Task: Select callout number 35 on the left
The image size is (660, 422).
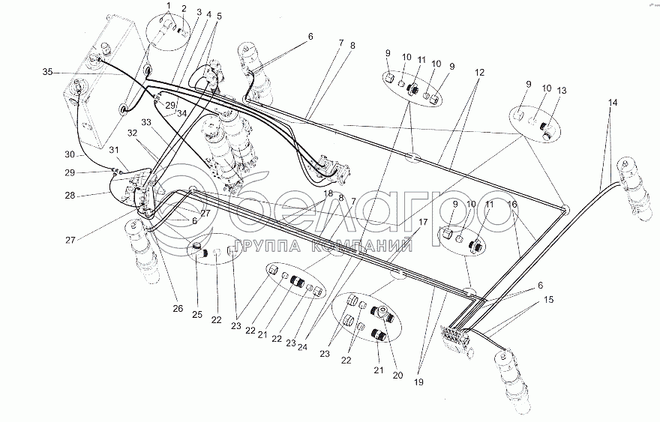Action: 47,72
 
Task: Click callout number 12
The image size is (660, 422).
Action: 478,72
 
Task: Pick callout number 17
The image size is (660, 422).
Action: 423,222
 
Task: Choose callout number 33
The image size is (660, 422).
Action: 145,121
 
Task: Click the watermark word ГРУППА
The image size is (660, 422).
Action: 267,246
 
